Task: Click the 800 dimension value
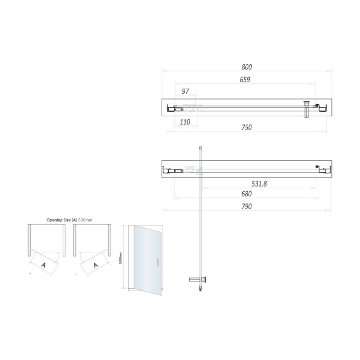pos(247,67)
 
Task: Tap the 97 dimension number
pos(185,91)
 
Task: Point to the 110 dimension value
pos(185,123)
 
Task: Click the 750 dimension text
pos(247,127)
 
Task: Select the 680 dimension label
pos(247,195)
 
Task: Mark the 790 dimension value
pos(247,207)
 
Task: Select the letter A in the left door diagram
pos(43,265)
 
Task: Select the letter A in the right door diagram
pos(95,265)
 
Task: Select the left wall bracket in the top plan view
pos(170,108)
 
